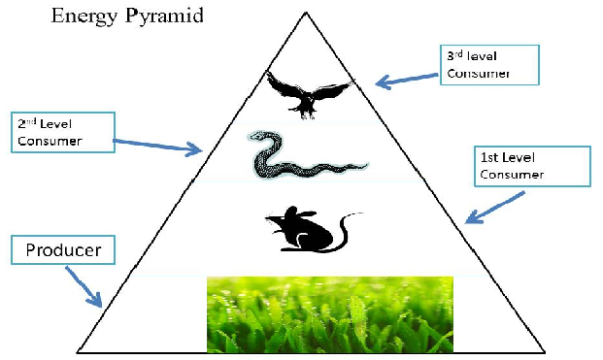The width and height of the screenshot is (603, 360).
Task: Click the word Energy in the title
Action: click(x=84, y=16)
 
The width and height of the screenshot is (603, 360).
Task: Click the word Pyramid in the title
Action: click(x=165, y=16)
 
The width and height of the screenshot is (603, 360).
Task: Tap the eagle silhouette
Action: click(x=309, y=94)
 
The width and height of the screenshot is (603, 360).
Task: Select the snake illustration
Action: click(x=308, y=155)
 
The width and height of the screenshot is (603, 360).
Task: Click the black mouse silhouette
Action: click(x=313, y=230)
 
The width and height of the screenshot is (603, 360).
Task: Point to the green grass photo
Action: click(x=330, y=314)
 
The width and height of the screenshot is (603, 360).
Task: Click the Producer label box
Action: click(x=63, y=250)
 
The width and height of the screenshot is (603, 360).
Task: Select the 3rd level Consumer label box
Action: click(x=489, y=65)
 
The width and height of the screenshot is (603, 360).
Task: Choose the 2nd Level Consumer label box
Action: click(x=63, y=133)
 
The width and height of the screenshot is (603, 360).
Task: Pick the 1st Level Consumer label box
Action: click(x=532, y=166)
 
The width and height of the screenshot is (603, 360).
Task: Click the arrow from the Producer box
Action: click(x=84, y=287)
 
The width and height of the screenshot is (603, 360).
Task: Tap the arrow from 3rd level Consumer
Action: click(x=407, y=80)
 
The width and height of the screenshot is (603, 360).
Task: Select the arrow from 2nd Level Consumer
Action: click(x=157, y=146)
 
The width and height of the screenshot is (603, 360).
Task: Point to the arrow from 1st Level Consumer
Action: click(x=494, y=208)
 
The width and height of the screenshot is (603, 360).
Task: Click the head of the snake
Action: click(x=257, y=135)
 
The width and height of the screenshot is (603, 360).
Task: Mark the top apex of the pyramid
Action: click(x=306, y=13)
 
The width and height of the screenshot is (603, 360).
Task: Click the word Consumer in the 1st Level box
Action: click(x=512, y=176)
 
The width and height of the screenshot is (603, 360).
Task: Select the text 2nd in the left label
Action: click(x=27, y=123)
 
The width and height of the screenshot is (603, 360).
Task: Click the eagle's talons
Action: click(x=307, y=114)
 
